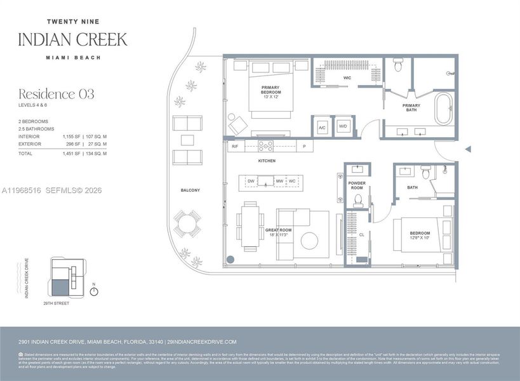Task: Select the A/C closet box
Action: point(321,126)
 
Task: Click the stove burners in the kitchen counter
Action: point(265,146)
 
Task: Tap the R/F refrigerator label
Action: point(235,147)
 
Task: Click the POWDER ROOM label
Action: point(357,185)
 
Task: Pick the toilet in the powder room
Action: point(357,201)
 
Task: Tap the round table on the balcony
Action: point(185,222)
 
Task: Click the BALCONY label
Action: point(190,190)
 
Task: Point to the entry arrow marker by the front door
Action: point(468,149)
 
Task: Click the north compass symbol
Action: point(94,291)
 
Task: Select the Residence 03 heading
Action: point(56,94)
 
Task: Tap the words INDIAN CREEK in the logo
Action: point(72,39)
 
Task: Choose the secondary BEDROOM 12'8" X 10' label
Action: point(420,236)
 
